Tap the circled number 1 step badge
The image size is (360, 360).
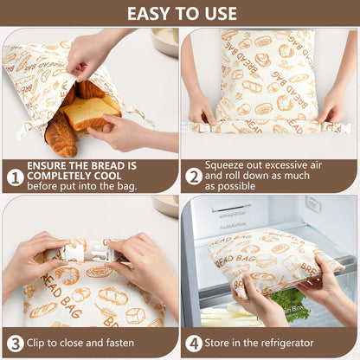[x=14, y=177]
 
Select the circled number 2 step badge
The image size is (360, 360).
[x=194, y=177]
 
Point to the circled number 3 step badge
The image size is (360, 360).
[x=14, y=343]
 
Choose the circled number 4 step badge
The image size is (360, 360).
[x=194, y=343]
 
